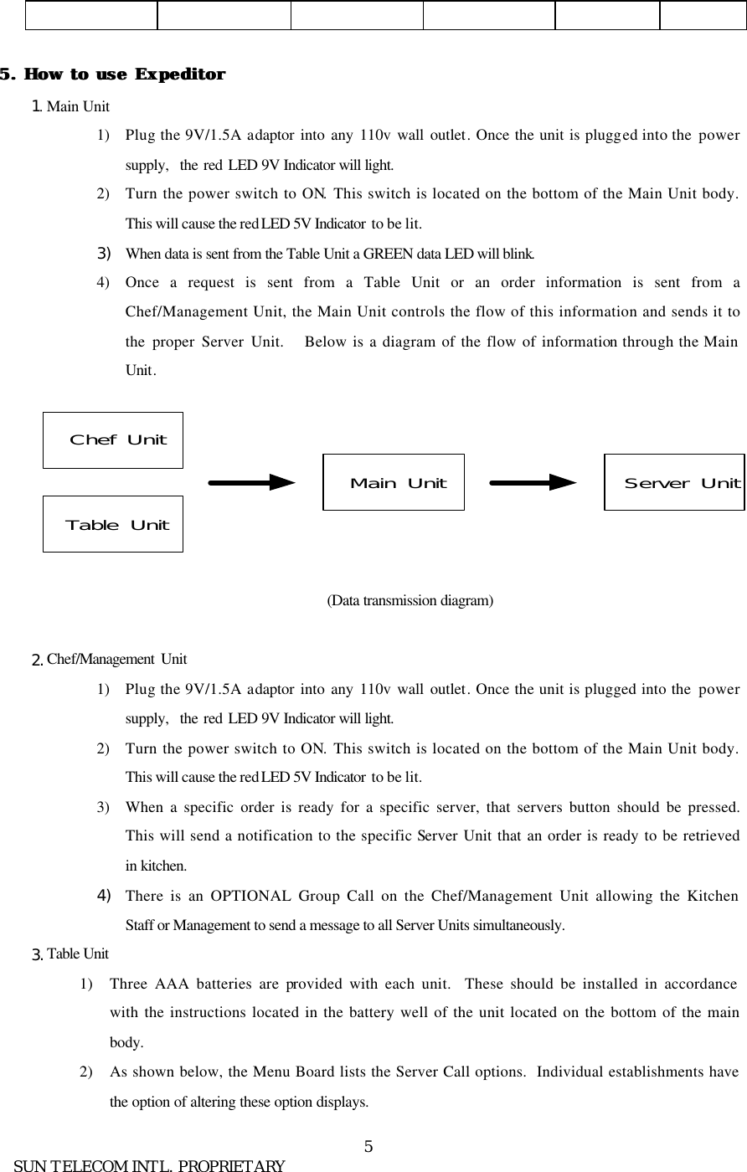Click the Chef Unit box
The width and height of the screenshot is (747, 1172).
click(x=113, y=439)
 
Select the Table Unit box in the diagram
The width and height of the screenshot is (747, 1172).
click(x=113, y=524)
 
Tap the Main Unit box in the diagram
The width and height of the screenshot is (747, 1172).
click(x=394, y=482)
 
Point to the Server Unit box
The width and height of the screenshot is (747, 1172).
click(x=674, y=482)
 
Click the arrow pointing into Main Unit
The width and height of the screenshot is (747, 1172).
click(x=251, y=482)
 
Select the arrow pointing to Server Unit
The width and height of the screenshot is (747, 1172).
click(x=533, y=482)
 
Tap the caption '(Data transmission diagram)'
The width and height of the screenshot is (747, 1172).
click(x=410, y=600)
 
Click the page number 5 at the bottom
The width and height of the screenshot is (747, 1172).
click(x=368, y=1145)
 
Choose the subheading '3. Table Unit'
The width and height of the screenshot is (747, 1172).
click(x=70, y=954)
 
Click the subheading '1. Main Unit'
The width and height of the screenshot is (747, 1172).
click(x=70, y=106)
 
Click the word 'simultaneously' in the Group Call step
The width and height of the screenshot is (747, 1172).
click(x=525, y=925)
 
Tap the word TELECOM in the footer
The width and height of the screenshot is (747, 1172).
click(x=94, y=1165)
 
